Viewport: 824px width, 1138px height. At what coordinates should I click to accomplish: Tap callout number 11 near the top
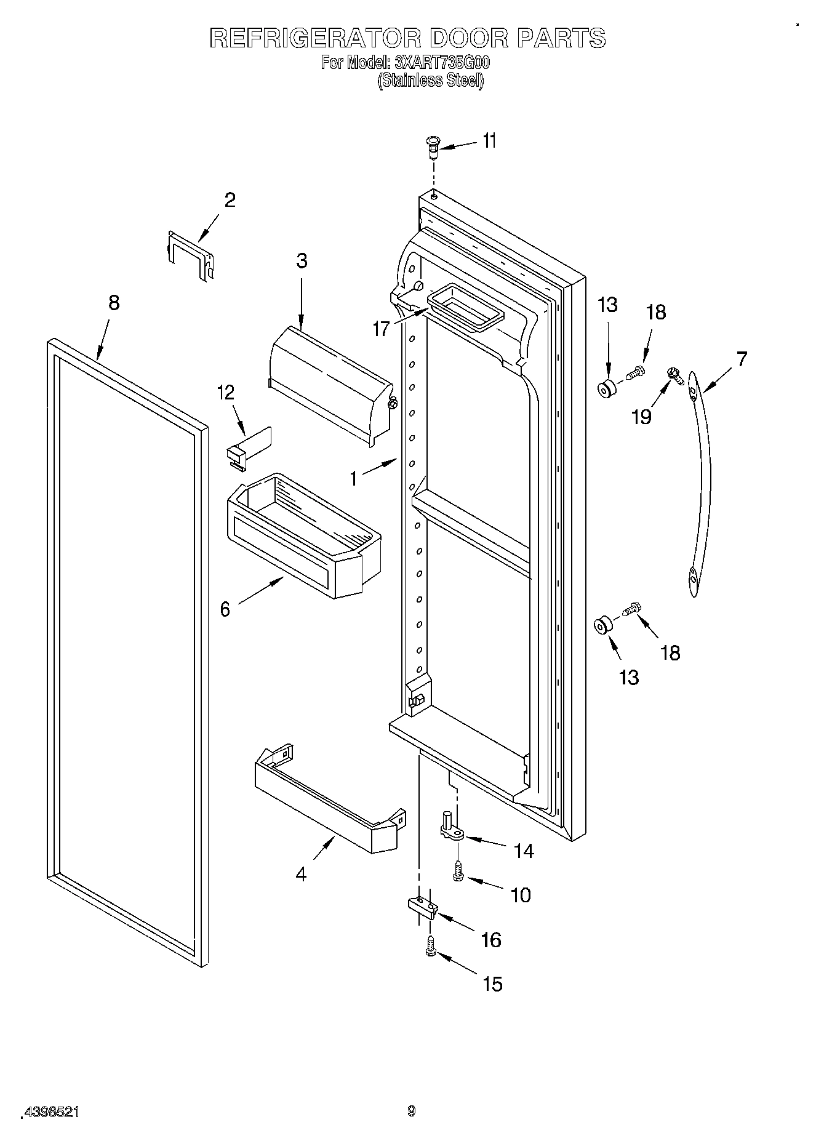click(489, 142)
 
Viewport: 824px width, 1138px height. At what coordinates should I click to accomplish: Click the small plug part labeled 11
click(433, 147)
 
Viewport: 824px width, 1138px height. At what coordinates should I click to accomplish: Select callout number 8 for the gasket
click(114, 303)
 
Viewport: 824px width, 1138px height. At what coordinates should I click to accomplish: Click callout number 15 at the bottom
click(493, 984)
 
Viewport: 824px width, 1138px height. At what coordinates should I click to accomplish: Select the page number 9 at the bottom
click(412, 1111)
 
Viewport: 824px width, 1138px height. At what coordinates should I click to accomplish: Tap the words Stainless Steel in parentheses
click(431, 80)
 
